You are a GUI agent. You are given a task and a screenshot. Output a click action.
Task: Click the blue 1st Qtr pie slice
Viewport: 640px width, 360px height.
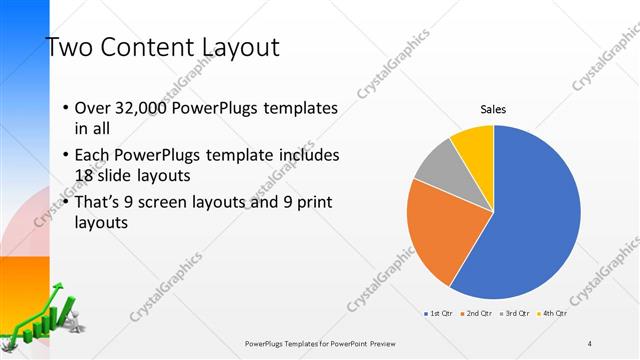pos(530,220)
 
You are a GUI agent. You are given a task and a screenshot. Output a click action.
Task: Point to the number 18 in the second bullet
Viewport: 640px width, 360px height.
pos(85,175)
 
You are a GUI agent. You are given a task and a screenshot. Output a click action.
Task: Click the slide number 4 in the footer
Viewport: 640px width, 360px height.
pos(590,343)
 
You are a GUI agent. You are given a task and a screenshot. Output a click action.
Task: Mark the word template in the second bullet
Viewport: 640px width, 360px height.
pos(270,155)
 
